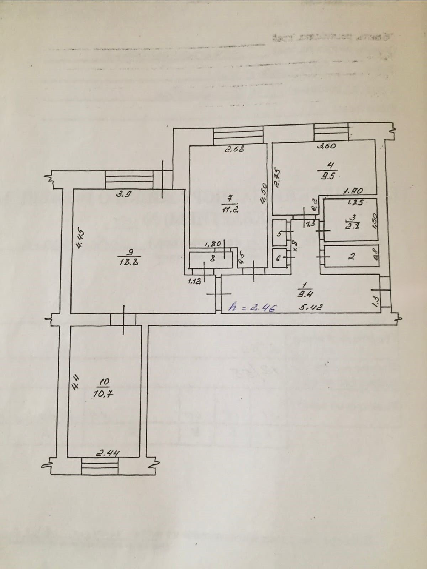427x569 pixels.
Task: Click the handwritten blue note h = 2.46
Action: [x=252, y=308]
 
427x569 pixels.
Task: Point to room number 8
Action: [x=212, y=260]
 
